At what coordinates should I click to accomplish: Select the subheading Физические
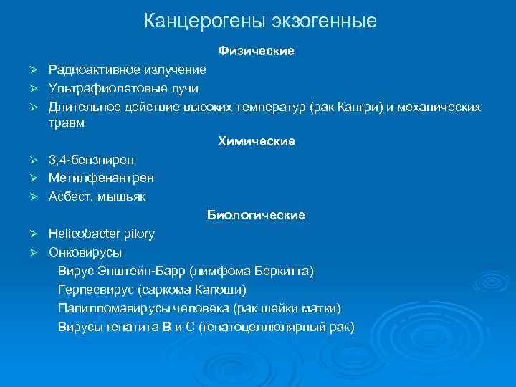click(x=256, y=52)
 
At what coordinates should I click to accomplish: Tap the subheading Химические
click(x=256, y=141)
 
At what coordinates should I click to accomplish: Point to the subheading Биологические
click(x=256, y=215)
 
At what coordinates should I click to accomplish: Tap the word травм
click(x=66, y=123)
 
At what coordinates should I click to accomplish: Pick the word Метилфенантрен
click(x=101, y=177)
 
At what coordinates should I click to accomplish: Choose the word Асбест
click(x=68, y=196)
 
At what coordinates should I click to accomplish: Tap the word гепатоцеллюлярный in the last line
click(x=264, y=327)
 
